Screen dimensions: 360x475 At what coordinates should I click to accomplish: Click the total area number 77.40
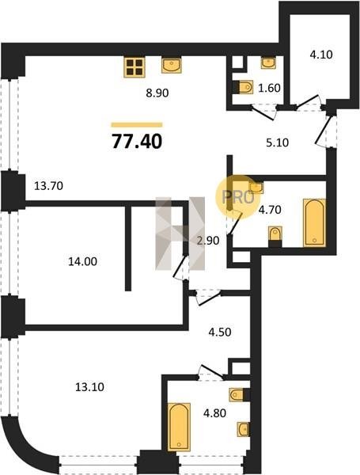(137, 142)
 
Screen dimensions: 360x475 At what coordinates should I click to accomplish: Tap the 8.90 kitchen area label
(157, 93)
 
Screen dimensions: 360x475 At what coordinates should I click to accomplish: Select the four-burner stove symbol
(135, 67)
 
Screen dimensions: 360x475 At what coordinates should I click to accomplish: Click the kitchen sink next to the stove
(172, 65)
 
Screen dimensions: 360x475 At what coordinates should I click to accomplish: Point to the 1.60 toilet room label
(269, 88)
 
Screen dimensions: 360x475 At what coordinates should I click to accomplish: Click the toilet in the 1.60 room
(244, 87)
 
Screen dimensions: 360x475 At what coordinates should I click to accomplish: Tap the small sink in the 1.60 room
(268, 63)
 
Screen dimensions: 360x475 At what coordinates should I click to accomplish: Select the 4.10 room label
(321, 55)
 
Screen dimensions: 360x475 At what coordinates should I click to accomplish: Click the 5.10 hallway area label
(278, 142)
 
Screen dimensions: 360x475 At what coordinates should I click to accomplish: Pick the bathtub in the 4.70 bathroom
(315, 222)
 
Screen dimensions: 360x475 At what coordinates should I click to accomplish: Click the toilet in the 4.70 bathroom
(275, 237)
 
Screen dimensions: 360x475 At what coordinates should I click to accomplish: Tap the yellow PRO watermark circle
(237, 197)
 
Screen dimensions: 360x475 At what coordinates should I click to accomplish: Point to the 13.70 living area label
(48, 186)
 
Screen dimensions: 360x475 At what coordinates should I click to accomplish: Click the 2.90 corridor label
(208, 241)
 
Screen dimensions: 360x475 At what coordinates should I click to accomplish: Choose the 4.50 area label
(220, 332)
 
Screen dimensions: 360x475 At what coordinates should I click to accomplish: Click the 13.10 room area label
(89, 387)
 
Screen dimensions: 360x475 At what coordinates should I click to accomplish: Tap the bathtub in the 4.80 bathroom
(179, 427)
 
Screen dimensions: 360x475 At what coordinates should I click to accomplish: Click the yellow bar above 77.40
(137, 124)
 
